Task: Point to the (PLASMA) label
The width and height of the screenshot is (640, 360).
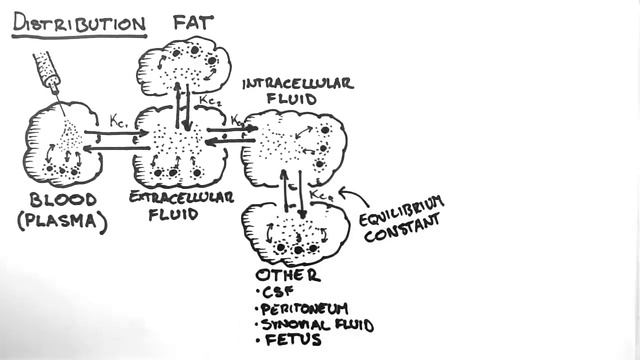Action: [62, 221]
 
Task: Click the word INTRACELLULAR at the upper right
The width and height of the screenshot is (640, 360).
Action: [297, 82]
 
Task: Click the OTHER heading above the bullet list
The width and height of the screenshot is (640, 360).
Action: [289, 274]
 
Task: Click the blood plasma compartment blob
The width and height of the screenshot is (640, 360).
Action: [60, 144]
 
